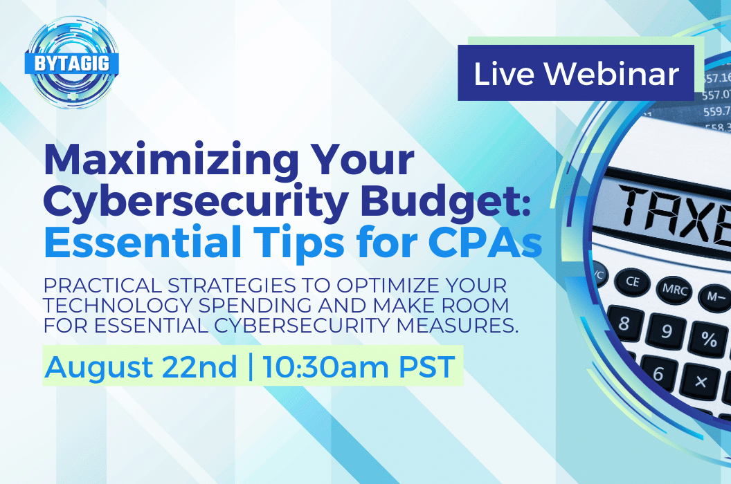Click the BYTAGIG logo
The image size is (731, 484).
tap(72, 62)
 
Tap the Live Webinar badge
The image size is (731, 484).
tap(576, 73)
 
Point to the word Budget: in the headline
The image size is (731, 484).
tap(446, 201)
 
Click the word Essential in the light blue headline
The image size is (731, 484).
tap(143, 242)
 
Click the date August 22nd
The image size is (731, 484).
tap(141, 366)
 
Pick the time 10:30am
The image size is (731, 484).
tap(325, 366)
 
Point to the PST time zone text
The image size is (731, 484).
tap(426, 366)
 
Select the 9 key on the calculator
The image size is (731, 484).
tap(667, 331)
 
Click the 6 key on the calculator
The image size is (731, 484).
tap(658, 373)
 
